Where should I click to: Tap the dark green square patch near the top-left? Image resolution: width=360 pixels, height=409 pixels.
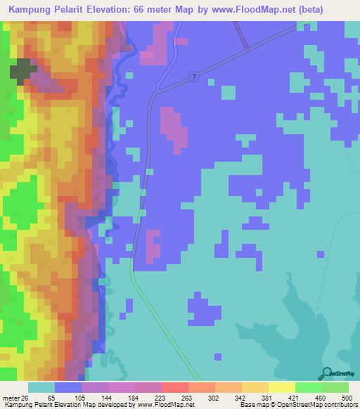click(x=21, y=69)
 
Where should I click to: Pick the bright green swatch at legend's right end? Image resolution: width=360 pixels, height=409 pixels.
click(x=335, y=388)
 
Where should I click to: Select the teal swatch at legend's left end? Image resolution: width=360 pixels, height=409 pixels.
click(x=41, y=388)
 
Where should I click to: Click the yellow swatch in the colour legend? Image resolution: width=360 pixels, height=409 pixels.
click(x=281, y=388)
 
